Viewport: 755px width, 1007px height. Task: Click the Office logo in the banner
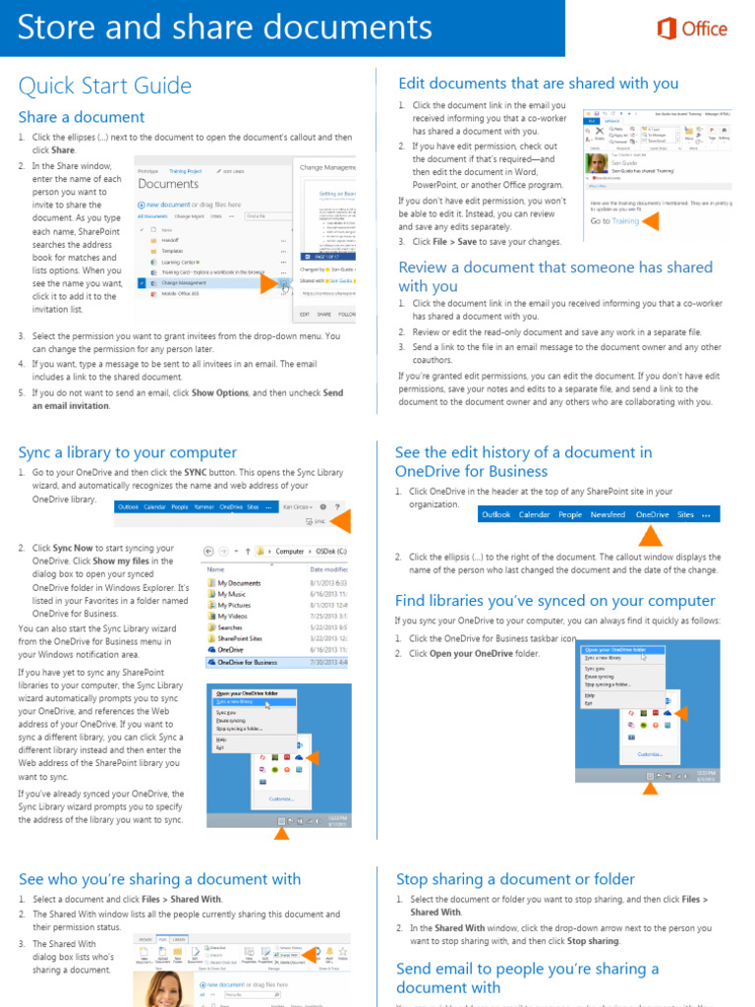(692, 29)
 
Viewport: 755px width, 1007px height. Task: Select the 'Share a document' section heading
(81, 117)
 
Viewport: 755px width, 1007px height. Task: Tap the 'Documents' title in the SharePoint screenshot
(168, 184)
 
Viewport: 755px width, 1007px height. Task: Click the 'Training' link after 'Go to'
(625, 221)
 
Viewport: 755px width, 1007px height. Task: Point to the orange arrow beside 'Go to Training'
(650, 221)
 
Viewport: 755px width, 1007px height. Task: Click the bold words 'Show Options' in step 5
(219, 392)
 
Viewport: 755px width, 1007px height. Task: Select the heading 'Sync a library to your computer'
(127, 452)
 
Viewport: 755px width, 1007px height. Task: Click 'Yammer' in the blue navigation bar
(204, 506)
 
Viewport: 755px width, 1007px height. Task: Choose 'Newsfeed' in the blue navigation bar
(608, 514)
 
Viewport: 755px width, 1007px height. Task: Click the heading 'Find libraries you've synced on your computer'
(554, 601)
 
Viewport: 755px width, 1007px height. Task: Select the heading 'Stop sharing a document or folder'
(515, 879)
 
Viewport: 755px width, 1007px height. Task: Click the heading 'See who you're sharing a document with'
(159, 879)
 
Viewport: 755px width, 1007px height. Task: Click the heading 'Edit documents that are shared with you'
(538, 84)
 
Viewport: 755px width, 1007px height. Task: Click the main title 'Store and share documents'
(224, 28)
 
